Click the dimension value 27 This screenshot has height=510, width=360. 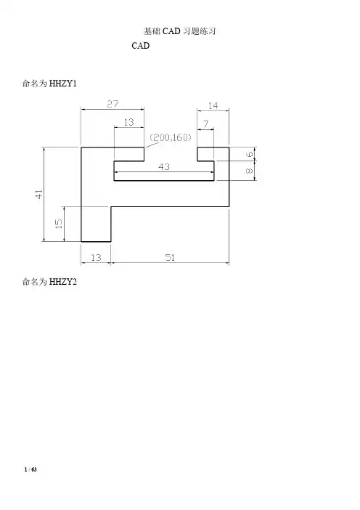112,104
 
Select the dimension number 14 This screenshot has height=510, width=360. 213,106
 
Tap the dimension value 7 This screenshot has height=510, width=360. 205,124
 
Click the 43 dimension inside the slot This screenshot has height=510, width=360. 164,167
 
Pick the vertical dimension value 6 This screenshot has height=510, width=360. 250,154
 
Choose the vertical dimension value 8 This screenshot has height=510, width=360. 250,171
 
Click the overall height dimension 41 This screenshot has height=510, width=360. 39,195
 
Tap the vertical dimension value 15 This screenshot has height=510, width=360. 59,224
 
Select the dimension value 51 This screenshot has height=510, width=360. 170,258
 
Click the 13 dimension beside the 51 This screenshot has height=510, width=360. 96,258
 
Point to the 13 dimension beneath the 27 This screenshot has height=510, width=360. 128,122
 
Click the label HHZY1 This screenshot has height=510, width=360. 63,84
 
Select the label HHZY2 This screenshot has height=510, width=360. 63,282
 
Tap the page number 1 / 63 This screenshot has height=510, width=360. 31,469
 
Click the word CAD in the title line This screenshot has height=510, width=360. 171,31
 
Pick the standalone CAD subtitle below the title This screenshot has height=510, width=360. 141,46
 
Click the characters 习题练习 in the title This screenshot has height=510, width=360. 199,31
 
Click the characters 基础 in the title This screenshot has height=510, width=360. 152,31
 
